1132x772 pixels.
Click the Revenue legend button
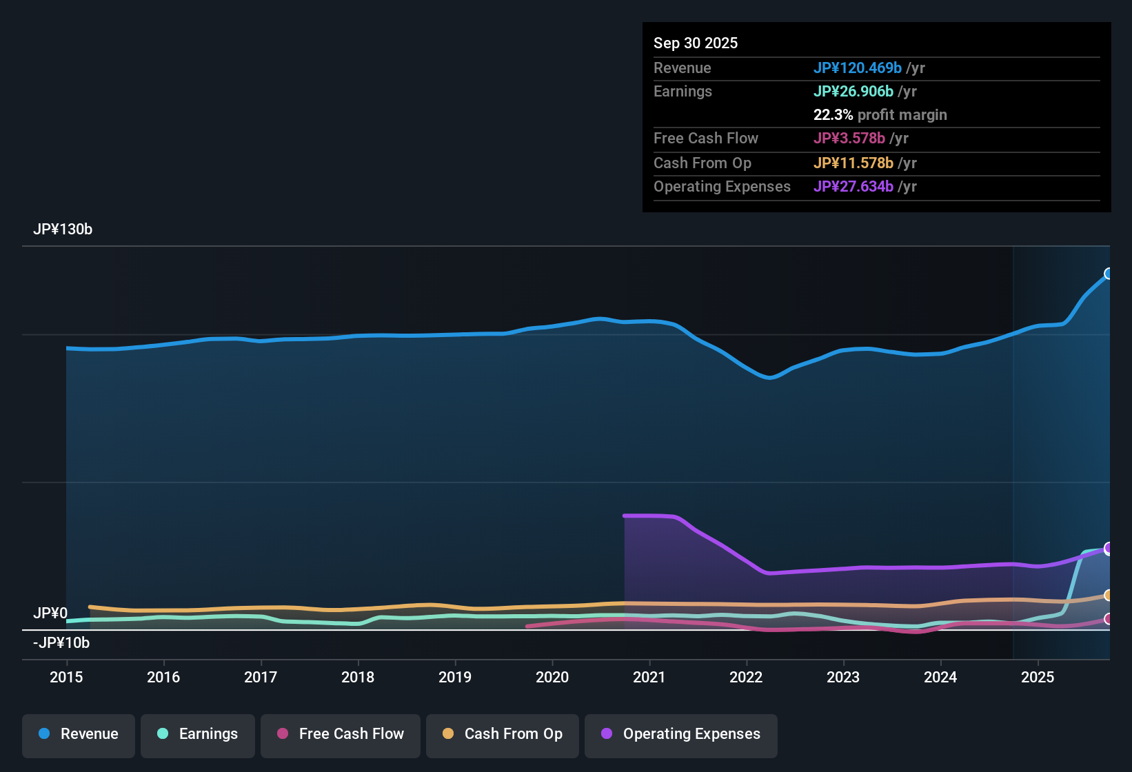coord(79,734)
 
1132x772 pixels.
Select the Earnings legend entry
coord(198,734)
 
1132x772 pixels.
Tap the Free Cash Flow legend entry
coord(341,734)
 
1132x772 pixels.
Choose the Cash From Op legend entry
coord(503,734)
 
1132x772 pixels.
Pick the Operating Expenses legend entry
coord(681,734)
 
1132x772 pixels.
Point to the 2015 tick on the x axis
coord(66,677)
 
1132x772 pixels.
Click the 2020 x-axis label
coord(552,677)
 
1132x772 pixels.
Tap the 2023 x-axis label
coord(843,677)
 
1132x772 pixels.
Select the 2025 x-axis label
coord(1038,677)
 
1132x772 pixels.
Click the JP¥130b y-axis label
coord(63,230)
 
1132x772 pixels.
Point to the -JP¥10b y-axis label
coord(61,643)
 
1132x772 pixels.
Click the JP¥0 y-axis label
coord(50,613)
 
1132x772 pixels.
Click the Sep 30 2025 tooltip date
coord(696,43)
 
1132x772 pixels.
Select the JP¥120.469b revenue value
coord(858,68)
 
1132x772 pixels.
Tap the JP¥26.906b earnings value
coord(853,92)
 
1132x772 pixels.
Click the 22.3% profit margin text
coord(880,115)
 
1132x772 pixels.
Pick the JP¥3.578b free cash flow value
coord(849,139)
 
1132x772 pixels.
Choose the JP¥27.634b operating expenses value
coord(853,187)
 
